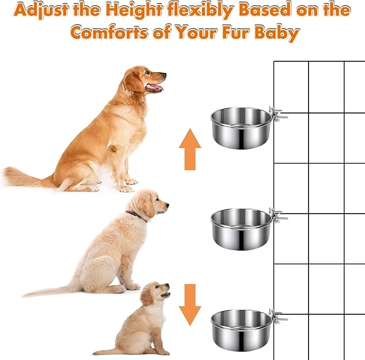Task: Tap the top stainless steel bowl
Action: pos(240,128)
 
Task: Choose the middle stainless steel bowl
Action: pos(241,229)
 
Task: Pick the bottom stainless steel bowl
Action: pos(241,329)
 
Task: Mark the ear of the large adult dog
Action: pos(134,81)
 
